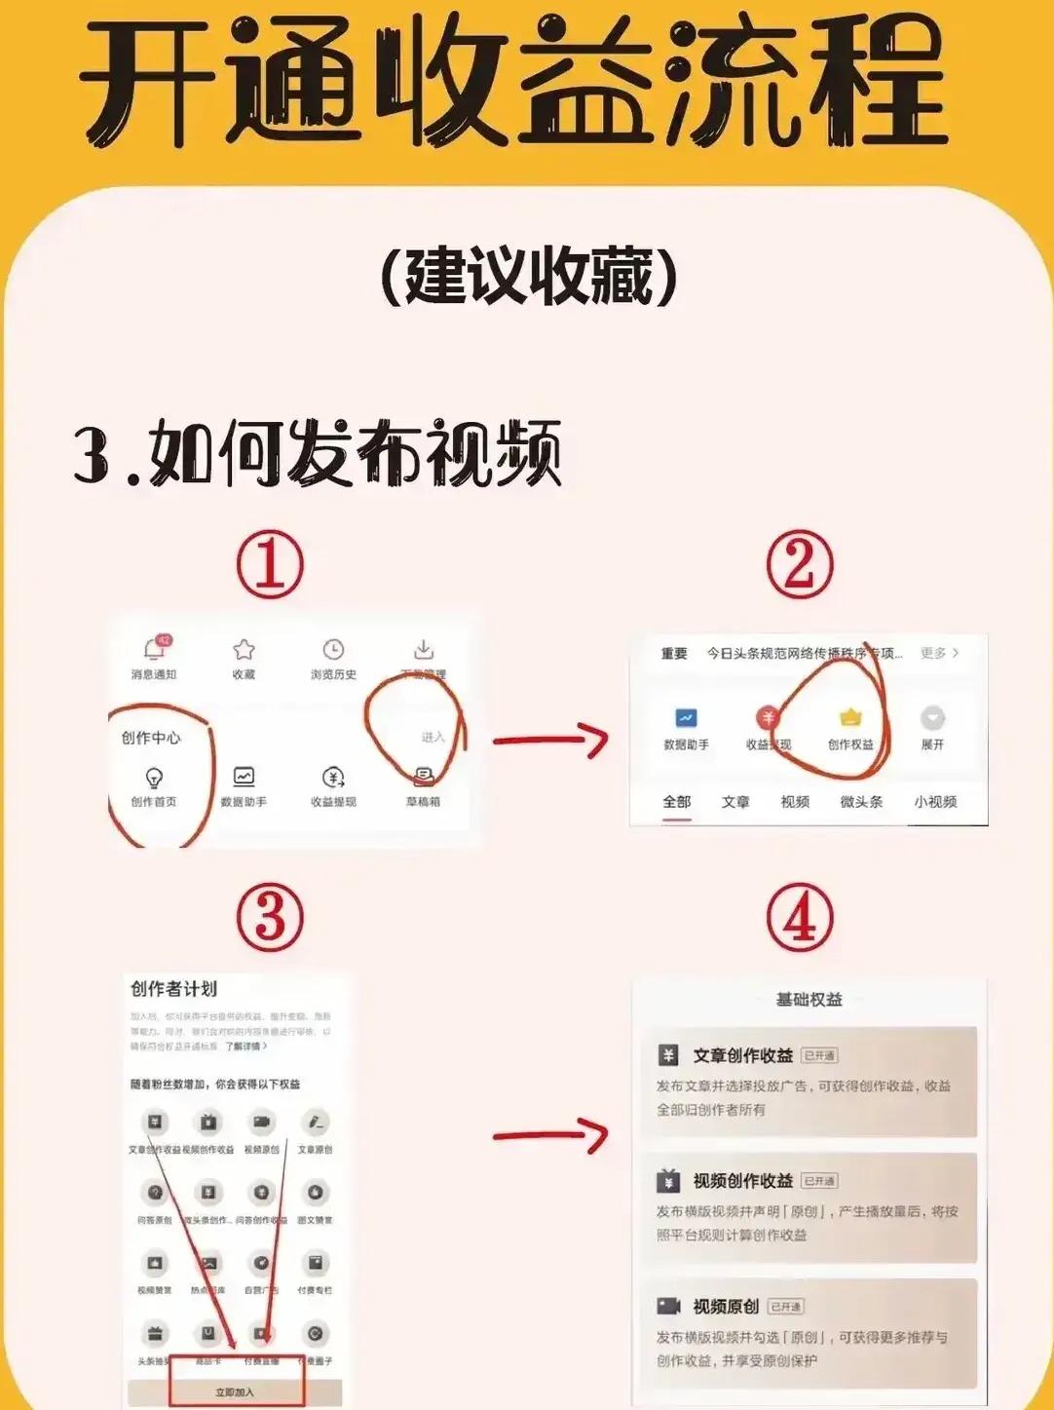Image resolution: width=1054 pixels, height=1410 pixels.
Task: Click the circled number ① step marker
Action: click(270, 565)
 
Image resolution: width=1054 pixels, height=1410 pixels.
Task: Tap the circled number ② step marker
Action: click(799, 565)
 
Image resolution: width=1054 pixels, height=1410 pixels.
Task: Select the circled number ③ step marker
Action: click(270, 919)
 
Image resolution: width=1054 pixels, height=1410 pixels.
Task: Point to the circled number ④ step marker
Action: click(799, 919)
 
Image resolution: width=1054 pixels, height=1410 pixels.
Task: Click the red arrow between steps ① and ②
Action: click(549, 741)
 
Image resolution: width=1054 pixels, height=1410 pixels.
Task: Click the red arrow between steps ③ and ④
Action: click(549, 1135)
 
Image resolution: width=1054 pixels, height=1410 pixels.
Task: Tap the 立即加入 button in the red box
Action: click(236, 1391)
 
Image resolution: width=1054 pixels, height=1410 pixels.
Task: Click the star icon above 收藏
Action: click(244, 650)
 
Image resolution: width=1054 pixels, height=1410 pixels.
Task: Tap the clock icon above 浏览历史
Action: click(333, 650)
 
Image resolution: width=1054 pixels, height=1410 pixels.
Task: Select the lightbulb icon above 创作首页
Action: click(154, 778)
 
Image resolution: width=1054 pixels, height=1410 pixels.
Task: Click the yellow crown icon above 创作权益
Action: click(850, 718)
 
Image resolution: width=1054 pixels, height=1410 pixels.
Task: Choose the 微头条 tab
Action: click(861, 802)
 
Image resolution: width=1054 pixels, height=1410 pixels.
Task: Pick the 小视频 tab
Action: click(935, 802)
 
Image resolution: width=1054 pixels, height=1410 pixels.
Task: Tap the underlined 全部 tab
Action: click(677, 802)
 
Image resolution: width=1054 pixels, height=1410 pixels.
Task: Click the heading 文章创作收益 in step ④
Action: click(742, 1055)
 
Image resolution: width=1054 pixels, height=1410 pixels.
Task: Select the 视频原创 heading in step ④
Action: click(725, 1306)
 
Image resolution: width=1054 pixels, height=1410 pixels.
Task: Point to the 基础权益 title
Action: click(809, 1000)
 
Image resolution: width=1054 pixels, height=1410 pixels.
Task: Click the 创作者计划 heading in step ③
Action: click(173, 989)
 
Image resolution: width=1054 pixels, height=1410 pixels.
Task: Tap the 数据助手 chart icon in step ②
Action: click(686, 719)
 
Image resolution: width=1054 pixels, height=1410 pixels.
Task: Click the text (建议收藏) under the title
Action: click(527, 278)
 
